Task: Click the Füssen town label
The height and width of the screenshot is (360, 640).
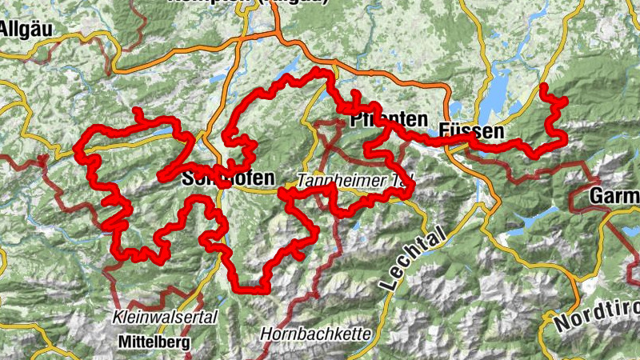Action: click(x=471, y=130)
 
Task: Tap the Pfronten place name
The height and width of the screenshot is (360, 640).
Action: click(x=390, y=120)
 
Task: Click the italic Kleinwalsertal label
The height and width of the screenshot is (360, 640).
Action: click(x=166, y=318)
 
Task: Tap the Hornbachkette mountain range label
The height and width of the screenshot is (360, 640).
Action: click(x=315, y=332)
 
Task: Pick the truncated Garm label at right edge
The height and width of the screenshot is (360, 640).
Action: click(x=614, y=196)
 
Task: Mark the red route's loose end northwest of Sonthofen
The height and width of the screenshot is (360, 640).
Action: click(x=137, y=110)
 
